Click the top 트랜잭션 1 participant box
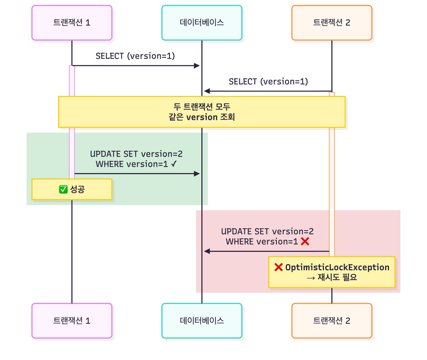(72, 23)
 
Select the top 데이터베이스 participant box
(202, 23)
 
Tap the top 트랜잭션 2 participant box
(332, 23)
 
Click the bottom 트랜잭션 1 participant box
(72, 321)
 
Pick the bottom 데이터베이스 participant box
(202, 321)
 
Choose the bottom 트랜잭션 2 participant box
(332, 321)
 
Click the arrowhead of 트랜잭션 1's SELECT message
(197, 66)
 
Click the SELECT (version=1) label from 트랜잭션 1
(135, 56)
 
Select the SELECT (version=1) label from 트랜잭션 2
(268, 81)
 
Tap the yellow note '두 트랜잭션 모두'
(202, 112)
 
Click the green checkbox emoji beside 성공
(63, 189)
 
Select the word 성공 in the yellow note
(77, 189)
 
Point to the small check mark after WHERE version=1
(174, 164)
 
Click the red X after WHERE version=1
(305, 242)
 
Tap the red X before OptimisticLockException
(278, 267)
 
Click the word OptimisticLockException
(337, 267)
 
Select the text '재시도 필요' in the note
(337, 277)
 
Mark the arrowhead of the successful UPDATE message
(197, 174)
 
